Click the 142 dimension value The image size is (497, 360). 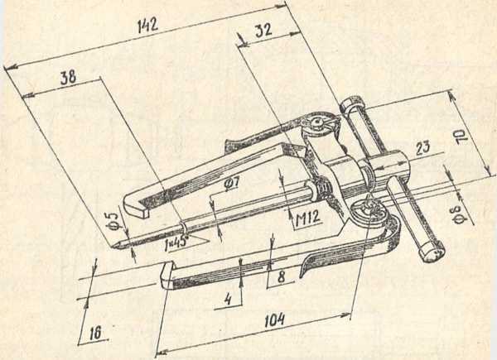click(x=147, y=26)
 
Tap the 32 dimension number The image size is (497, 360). click(x=263, y=31)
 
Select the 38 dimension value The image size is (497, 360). click(x=68, y=77)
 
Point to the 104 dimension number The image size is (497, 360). click(x=274, y=321)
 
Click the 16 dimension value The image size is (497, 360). click(x=95, y=333)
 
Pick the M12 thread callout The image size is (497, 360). click(x=307, y=218)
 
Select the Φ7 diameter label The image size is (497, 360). click(x=231, y=184)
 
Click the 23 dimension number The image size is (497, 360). click(x=422, y=148)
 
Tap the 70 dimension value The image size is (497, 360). click(x=463, y=137)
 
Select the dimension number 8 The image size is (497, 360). click(x=281, y=276)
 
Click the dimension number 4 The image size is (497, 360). click(x=228, y=300)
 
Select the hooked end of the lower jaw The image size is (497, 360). click(x=166, y=275)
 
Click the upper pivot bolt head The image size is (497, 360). click(x=318, y=122)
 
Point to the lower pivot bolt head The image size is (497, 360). click(x=369, y=211)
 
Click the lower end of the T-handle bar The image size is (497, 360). click(x=431, y=251)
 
